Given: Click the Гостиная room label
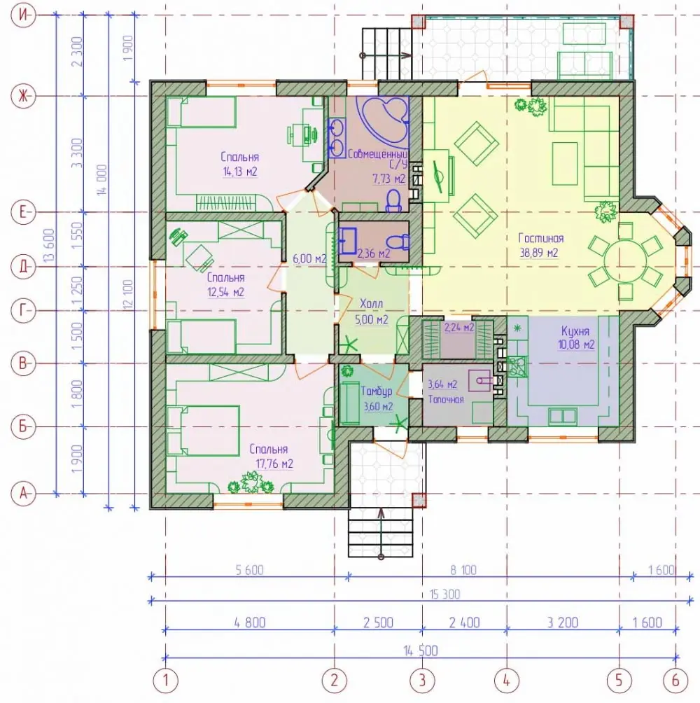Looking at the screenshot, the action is [540, 238].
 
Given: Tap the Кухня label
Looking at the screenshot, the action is [575, 331].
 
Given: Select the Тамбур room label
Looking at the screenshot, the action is [377, 391].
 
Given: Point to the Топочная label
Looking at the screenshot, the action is [446, 399].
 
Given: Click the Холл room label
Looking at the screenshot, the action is [372, 304].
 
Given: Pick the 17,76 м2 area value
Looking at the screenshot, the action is [274, 464].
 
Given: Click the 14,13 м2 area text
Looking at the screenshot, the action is [240, 172].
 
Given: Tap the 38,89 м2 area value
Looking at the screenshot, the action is [539, 253].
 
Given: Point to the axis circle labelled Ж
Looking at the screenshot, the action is [23, 95].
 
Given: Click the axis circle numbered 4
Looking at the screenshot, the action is [507, 680].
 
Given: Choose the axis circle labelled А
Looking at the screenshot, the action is [23, 494].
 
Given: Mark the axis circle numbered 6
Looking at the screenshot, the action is [675, 680].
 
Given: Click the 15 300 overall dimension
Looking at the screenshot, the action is [444, 594].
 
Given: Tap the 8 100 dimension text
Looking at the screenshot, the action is [463, 570].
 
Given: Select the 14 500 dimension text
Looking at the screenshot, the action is [421, 650].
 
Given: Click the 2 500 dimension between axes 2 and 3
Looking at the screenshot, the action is [378, 622].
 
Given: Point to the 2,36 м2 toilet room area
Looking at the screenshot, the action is [373, 253].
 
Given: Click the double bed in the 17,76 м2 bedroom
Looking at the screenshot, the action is [203, 431].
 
